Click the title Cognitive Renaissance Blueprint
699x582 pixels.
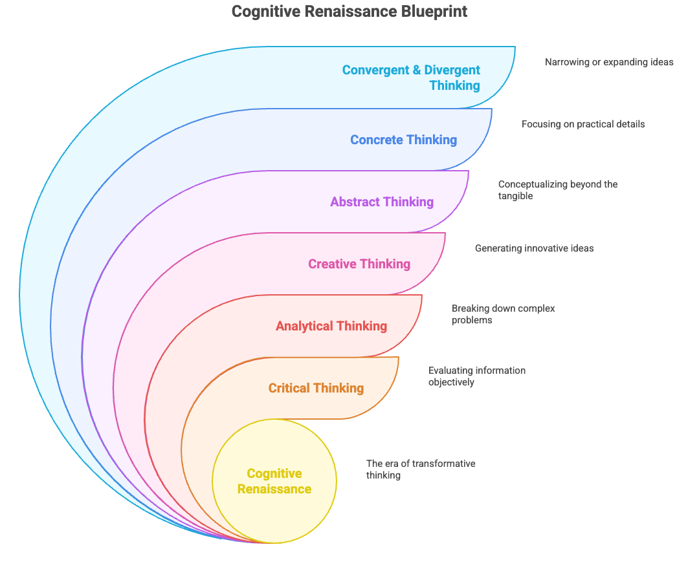coord(349,12)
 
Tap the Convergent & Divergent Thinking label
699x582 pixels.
coord(412,78)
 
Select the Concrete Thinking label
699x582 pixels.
coord(403,140)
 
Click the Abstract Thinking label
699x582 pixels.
coord(382,202)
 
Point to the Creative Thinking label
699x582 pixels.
coord(359,264)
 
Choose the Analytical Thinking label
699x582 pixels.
coord(331,326)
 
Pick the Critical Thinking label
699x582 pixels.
coord(316,388)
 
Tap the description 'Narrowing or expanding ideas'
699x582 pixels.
coord(609,62)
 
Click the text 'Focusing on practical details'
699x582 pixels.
coord(583,124)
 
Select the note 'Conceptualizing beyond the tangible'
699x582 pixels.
coord(558,189)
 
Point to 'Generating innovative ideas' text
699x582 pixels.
coord(534,248)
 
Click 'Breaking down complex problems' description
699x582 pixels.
coord(504,314)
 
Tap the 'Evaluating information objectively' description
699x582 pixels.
coord(477,376)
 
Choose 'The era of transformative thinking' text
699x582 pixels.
coord(421,469)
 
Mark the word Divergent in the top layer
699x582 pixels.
coord(452,70)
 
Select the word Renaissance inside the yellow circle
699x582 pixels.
coord(274,489)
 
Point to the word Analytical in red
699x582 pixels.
coord(303,326)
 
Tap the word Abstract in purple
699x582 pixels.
coord(353,202)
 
